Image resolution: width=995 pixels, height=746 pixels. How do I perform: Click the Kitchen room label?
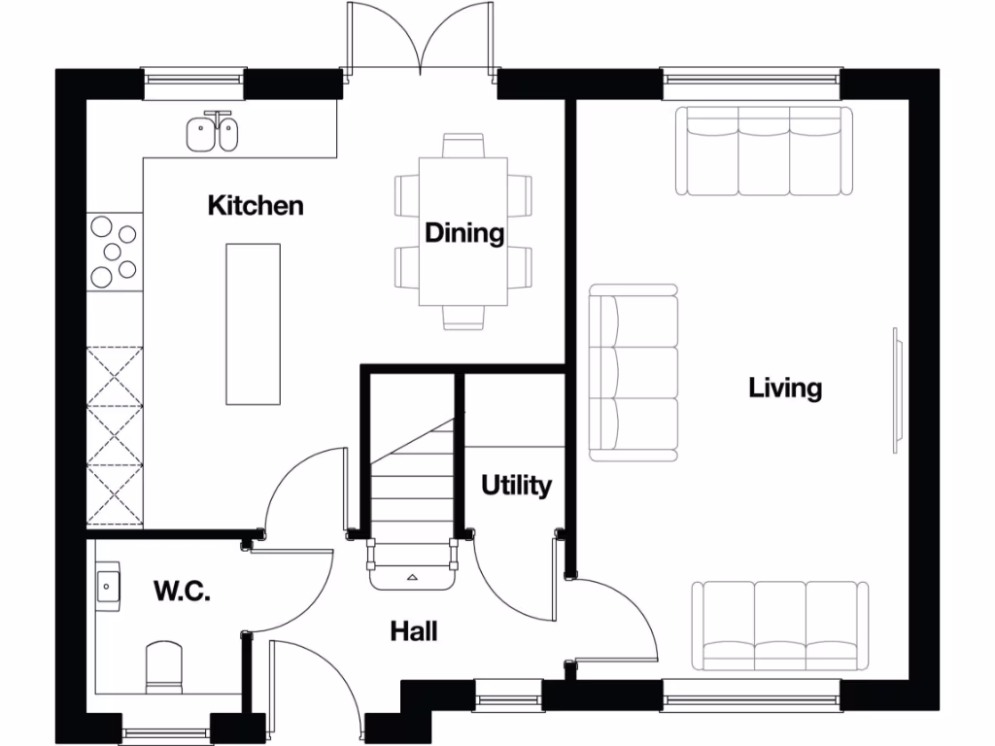(256, 206)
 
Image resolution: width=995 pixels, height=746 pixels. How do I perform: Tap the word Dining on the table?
(464, 233)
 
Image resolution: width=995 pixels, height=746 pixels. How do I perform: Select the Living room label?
(785, 389)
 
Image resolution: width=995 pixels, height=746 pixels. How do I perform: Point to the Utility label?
(516, 485)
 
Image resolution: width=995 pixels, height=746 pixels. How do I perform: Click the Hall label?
(414, 631)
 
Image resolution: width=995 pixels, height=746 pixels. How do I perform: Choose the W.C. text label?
(182, 591)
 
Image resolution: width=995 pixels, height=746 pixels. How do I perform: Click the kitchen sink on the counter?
(213, 132)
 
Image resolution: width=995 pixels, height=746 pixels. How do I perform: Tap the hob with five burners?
(114, 253)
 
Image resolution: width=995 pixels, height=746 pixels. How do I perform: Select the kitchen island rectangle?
(254, 324)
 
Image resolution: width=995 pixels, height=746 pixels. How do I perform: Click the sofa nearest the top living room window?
(764, 152)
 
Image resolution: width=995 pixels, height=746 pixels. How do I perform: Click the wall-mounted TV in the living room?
(896, 390)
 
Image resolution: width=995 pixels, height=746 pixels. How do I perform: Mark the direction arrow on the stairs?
(413, 577)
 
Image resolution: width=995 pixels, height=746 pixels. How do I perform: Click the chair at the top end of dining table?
(463, 146)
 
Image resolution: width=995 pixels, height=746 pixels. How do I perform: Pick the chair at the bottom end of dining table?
(463, 318)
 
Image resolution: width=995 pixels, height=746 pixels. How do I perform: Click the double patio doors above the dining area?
(420, 39)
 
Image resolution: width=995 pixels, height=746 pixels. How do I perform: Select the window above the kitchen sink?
(193, 84)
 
